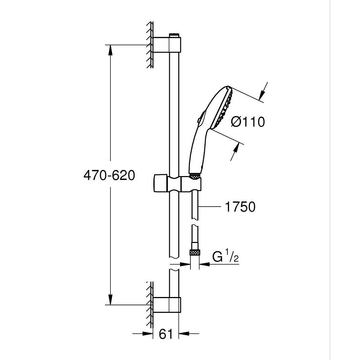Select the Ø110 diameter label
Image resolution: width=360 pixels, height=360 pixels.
[248, 122]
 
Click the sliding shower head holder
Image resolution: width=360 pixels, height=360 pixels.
[176, 184]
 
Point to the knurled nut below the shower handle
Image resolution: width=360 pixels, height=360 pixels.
[194, 176]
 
